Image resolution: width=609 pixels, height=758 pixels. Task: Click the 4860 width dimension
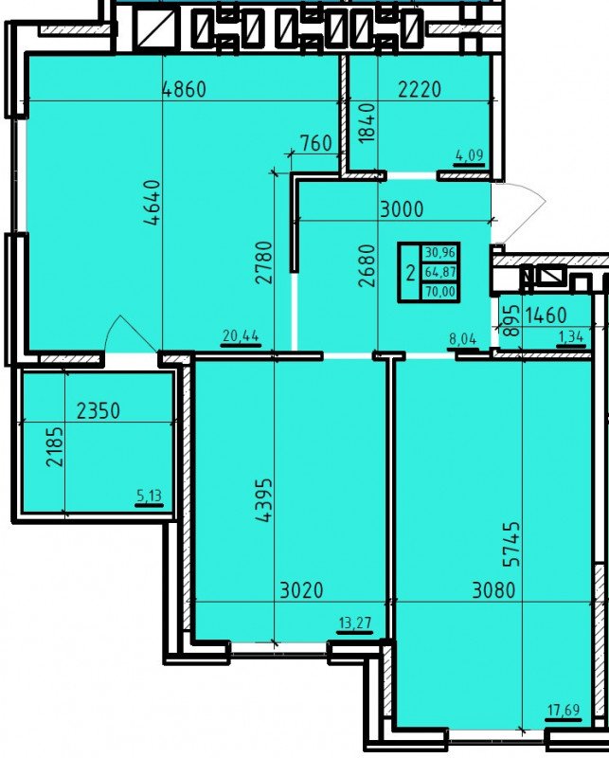[x=184, y=89]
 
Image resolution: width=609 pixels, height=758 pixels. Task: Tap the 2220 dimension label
[x=420, y=89]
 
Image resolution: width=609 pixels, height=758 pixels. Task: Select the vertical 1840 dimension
[x=367, y=122]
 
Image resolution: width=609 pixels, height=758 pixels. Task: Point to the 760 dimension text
[x=316, y=144]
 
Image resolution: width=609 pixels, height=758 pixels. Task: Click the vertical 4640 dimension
[x=152, y=203]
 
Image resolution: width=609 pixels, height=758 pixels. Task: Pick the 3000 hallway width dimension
[x=402, y=209]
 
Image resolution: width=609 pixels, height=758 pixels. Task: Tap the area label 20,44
[x=242, y=335]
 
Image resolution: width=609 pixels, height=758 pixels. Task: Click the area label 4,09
[x=469, y=155]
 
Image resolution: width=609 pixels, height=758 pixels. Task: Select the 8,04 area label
[x=462, y=339]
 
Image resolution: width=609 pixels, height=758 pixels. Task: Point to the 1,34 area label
[x=571, y=337]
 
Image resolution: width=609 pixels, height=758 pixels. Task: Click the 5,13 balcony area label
[x=149, y=496]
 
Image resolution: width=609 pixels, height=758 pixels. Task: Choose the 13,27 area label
[x=355, y=623]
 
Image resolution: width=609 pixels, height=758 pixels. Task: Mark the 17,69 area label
[x=564, y=710]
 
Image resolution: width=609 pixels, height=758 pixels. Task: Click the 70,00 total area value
[x=440, y=292]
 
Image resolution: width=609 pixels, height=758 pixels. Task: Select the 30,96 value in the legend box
[x=440, y=252]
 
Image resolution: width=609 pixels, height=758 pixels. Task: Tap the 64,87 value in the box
[x=440, y=272]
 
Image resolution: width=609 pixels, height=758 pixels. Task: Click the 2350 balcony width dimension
[x=99, y=411]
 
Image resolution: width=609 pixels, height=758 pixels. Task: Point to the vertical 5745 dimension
[x=510, y=543]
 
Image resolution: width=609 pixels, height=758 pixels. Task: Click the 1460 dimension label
[x=546, y=316]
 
